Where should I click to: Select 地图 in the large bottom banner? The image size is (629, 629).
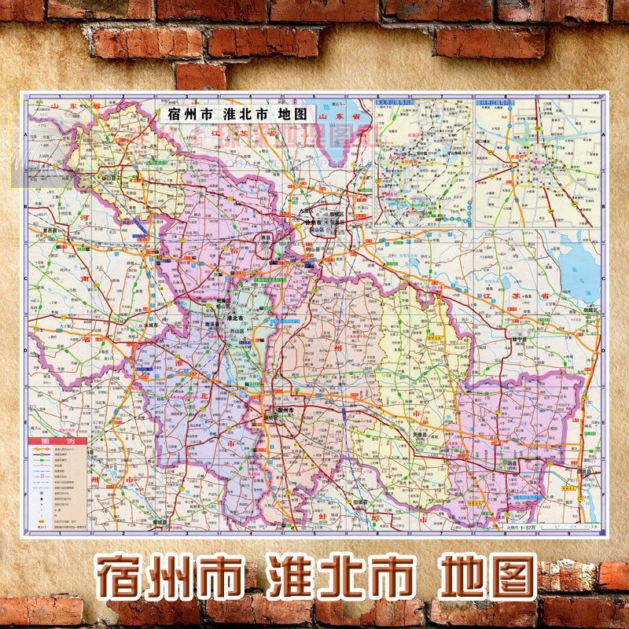point(487,577)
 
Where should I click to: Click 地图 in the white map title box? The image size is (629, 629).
point(296,113)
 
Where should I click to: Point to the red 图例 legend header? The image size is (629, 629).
point(48,442)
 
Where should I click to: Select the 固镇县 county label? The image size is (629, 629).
point(361,501)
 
